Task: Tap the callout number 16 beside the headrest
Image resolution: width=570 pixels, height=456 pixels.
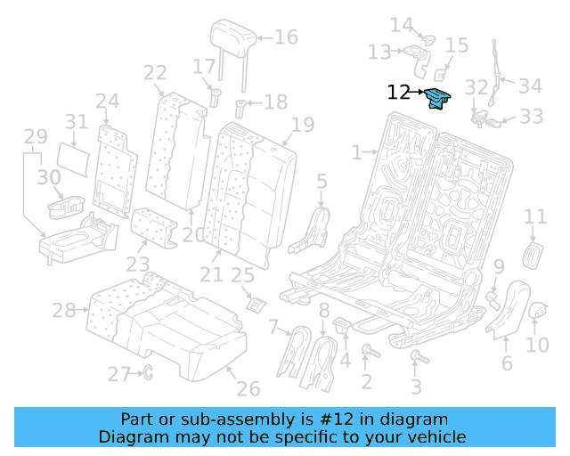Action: (x=286, y=37)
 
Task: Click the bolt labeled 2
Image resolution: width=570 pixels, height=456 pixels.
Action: (x=366, y=354)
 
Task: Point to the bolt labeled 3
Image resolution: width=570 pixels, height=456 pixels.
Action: (x=416, y=359)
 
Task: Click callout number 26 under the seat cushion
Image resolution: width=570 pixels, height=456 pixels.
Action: (x=248, y=389)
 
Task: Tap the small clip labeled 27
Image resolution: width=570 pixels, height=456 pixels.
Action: (x=148, y=373)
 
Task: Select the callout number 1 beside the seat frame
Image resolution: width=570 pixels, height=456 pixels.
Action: (x=356, y=153)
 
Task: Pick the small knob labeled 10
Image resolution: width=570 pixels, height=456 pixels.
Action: (x=538, y=311)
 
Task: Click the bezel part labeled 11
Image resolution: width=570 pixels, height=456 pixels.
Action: (x=533, y=254)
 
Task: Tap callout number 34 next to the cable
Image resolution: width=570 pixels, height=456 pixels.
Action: (x=531, y=86)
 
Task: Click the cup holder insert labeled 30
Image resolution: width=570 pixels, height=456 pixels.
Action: (x=64, y=208)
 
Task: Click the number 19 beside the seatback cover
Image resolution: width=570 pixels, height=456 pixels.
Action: (x=303, y=124)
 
